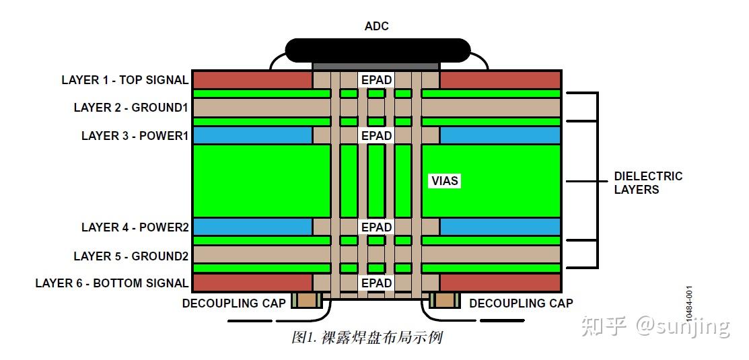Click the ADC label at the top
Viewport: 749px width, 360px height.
[376, 26]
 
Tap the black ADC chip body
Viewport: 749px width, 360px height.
[377, 50]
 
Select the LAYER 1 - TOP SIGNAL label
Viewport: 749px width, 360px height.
[124, 80]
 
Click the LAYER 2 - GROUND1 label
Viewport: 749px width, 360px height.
[131, 108]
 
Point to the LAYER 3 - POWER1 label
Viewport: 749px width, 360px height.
[135, 135]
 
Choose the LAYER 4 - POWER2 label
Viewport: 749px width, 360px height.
[135, 227]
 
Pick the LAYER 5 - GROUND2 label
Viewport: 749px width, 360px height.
[131, 256]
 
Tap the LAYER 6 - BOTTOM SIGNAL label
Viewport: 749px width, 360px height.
[112, 283]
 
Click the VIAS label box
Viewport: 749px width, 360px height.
[444, 180]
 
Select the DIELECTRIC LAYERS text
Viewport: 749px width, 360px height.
[647, 183]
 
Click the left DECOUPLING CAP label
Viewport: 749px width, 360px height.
[234, 303]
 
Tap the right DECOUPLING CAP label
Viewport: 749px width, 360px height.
[521, 303]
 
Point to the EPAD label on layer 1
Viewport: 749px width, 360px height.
[376, 80]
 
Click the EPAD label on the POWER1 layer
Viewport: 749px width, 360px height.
[376, 135]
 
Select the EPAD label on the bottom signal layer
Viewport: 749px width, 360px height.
[376, 283]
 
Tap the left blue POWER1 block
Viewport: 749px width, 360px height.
[252, 135]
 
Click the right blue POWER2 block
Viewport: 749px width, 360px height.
[499, 227]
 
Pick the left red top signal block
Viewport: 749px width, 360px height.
[252, 79]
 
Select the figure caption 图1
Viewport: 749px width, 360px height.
[367, 337]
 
